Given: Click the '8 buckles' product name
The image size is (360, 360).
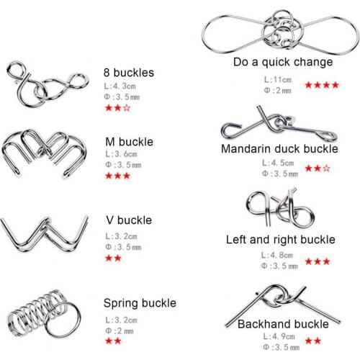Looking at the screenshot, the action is click(x=129, y=73).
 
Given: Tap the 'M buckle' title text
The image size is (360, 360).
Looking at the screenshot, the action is click(x=130, y=142).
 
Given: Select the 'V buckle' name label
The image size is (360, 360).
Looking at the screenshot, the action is click(x=129, y=220).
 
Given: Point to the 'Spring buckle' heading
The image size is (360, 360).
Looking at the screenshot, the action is click(x=140, y=303).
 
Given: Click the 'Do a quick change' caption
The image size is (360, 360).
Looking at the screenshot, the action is click(x=283, y=62).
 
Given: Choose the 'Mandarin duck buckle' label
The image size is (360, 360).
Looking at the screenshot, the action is click(x=279, y=149).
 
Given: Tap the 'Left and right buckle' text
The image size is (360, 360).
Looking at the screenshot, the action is click(x=281, y=240).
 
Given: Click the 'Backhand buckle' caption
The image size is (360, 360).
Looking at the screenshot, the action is click(x=283, y=324).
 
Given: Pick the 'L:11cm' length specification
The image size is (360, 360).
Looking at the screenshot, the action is click(x=278, y=79).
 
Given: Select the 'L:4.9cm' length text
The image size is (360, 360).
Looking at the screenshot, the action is click(x=279, y=336).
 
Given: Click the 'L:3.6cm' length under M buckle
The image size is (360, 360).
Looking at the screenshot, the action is click(x=122, y=154).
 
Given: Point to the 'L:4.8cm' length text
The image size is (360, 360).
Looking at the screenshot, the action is click(x=277, y=255).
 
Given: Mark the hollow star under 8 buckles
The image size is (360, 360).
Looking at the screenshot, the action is click(x=127, y=108).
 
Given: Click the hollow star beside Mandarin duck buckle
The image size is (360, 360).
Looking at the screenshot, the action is click(x=326, y=168).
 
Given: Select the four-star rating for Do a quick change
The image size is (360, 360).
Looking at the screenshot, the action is click(x=322, y=85).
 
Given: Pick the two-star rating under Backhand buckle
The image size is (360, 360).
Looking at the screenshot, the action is click(x=313, y=341).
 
